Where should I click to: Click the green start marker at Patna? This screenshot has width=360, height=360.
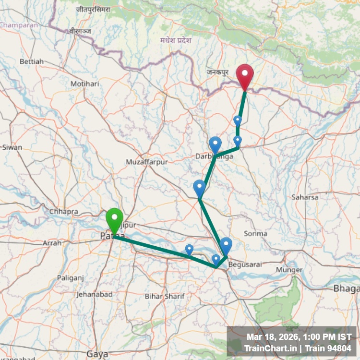coord(114,220)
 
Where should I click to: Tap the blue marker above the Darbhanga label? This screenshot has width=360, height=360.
coord(215,144)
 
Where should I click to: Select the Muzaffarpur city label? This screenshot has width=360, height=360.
coord(147,162)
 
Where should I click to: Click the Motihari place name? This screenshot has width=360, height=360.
coord(84,84)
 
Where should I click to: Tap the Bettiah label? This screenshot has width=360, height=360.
coord(32,61)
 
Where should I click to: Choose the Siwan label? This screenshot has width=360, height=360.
coord(12,147)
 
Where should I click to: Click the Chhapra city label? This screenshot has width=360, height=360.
coord(63,211)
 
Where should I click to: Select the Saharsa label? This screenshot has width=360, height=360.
coord(305,197)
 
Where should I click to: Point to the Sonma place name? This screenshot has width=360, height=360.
coord(255,234)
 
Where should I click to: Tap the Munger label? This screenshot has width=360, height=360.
coord(289,270)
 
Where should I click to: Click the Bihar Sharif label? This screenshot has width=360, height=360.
coord(165,296)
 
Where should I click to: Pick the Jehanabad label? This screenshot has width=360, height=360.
coord(94,294)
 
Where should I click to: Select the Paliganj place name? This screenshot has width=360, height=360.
coord(71,278)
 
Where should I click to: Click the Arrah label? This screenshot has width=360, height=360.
coord(52,243)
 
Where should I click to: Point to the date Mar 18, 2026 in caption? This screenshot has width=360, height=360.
coord(272,337)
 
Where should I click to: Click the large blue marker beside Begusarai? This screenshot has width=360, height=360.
coord(226,245)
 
